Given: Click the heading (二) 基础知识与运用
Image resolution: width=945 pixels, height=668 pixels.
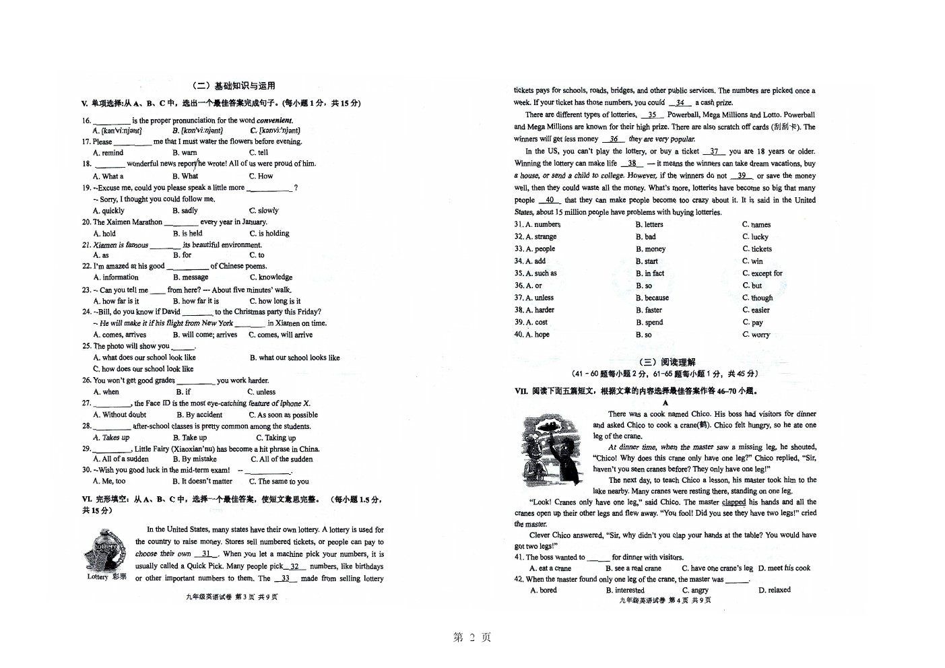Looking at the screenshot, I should tap(234, 86).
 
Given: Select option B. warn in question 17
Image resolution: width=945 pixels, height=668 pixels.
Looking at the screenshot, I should tap(185, 153).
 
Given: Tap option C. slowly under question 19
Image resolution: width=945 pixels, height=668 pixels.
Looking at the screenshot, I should tap(263, 211).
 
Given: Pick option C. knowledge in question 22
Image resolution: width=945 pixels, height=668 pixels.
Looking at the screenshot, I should tap(271, 277).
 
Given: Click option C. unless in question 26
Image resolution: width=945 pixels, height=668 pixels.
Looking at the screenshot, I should tap(261, 392).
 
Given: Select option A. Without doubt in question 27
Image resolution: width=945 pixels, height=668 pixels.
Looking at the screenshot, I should tap(119, 415).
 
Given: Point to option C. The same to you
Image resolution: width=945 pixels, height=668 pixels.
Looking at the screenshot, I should tap(279, 481).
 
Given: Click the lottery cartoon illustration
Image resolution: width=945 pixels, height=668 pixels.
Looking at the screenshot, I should tap(104, 549).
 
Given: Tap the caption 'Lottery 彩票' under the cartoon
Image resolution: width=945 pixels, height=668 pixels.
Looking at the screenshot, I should tap(106, 577).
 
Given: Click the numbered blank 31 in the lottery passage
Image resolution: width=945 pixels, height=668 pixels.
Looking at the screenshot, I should tap(206, 554).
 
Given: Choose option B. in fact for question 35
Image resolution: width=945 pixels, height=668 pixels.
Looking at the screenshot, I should tap(650, 273).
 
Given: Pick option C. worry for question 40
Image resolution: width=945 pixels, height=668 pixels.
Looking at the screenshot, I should tap(756, 335).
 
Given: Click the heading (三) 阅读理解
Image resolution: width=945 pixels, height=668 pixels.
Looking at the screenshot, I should tap(666, 362).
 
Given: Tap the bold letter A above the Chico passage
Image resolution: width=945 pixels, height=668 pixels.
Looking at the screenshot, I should tap(665, 403).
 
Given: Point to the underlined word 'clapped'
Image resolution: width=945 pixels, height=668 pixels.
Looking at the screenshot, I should tap(734, 502).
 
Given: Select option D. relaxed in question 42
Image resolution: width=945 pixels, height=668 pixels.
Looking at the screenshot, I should tap(775, 591).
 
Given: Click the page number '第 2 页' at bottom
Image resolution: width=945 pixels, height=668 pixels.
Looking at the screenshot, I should tap(472, 638).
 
